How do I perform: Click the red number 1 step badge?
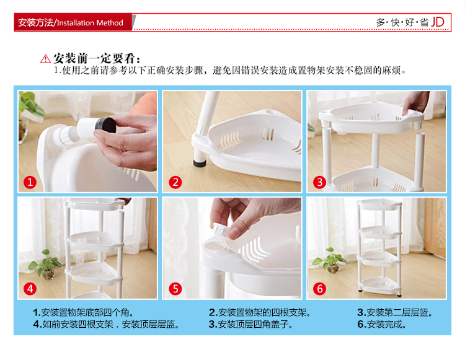click(x=30, y=182)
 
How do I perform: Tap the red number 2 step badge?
click(x=175, y=182)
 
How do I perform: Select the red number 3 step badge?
click(x=320, y=182)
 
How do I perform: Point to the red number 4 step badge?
click(x=30, y=289)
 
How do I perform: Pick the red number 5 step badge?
click(x=175, y=289)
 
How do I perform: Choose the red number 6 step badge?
click(x=320, y=289)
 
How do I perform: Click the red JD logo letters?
click(x=438, y=22)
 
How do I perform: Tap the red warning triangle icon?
click(x=45, y=59)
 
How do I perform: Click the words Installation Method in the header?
click(x=90, y=23)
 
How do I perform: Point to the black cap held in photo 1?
click(x=105, y=125)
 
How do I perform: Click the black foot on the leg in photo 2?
click(x=200, y=163)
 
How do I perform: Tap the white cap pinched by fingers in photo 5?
click(x=221, y=230)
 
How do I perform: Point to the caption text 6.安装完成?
click(x=382, y=324)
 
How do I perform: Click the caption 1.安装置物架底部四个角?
click(x=83, y=312)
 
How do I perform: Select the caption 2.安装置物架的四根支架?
click(x=260, y=312)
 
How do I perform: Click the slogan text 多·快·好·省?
click(x=402, y=22)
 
